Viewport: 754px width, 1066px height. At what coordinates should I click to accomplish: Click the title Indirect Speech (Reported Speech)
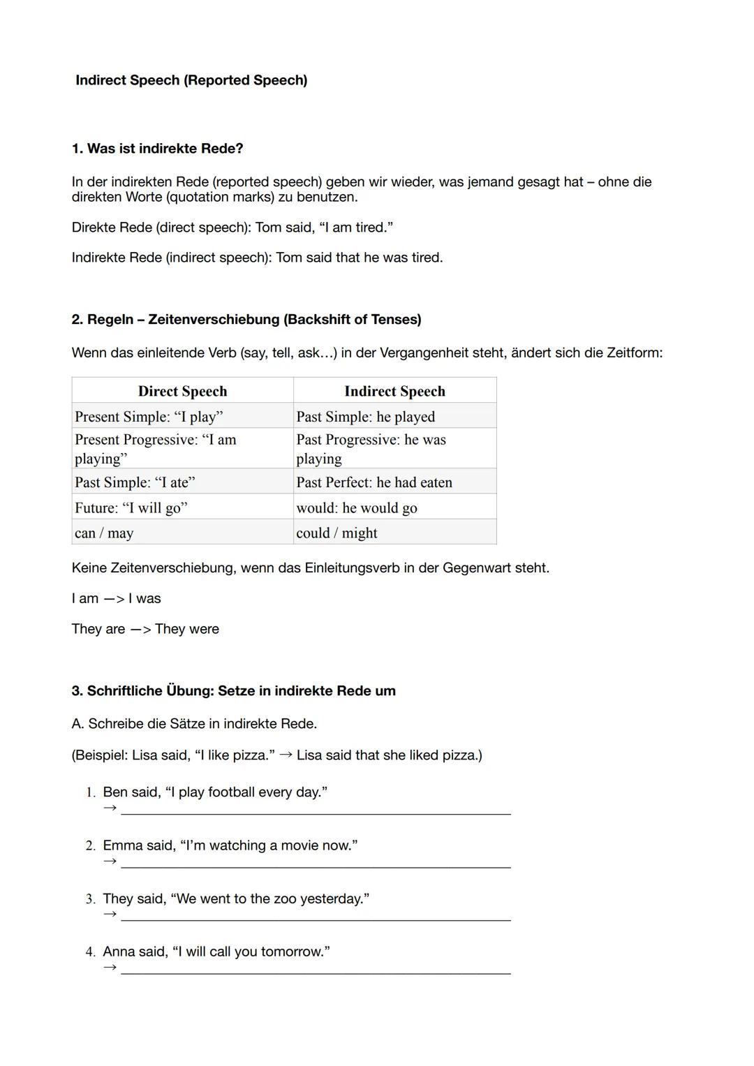[x=191, y=80]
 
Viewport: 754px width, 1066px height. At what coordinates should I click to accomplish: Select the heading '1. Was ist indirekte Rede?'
[x=157, y=149]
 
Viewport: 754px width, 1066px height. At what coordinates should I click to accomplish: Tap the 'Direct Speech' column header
[x=182, y=391]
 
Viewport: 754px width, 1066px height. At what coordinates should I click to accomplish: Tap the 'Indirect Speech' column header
[x=394, y=391]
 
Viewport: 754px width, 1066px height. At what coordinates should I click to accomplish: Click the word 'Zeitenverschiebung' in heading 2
[x=214, y=320]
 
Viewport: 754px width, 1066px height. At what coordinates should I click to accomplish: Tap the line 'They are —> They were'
[x=145, y=629]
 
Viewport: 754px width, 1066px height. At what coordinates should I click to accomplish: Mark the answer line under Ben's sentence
[x=316, y=813]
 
